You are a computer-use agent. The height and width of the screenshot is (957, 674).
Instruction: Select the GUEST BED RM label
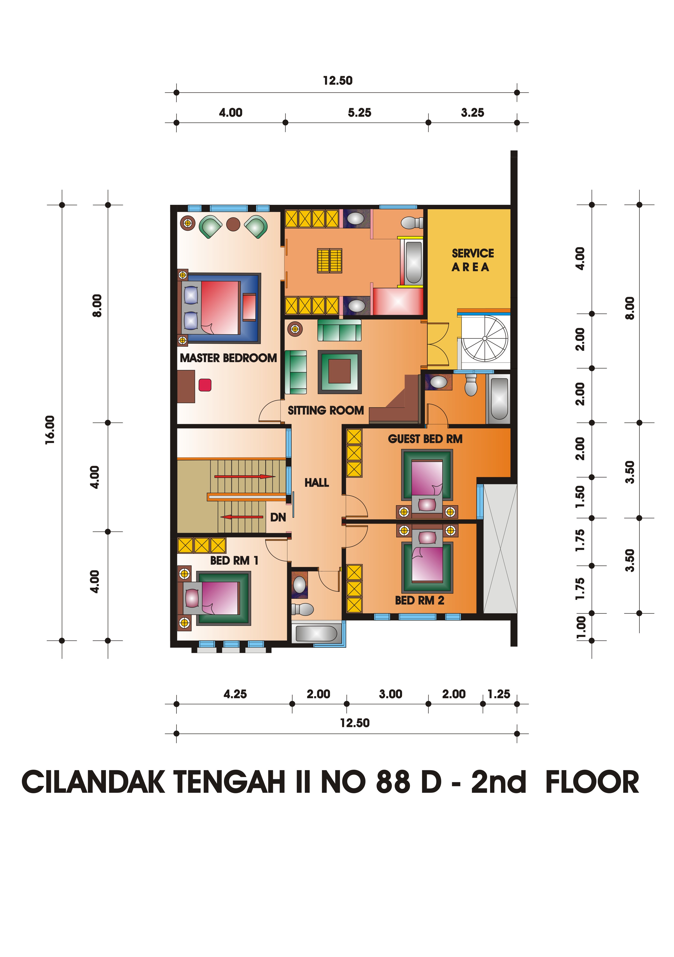(425, 439)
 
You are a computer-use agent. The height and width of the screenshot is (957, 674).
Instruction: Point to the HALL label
(317, 483)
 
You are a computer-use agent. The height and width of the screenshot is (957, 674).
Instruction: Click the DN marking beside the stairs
(278, 517)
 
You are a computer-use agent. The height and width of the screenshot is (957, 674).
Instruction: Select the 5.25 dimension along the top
(359, 113)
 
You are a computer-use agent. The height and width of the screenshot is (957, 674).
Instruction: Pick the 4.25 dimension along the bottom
(235, 694)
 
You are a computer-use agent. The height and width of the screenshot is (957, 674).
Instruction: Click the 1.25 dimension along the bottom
(499, 694)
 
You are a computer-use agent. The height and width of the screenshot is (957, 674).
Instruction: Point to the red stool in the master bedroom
(205, 385)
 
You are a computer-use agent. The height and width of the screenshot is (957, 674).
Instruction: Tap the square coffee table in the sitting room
(340, 372)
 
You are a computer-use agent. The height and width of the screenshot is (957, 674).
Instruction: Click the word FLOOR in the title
(592, 782)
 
